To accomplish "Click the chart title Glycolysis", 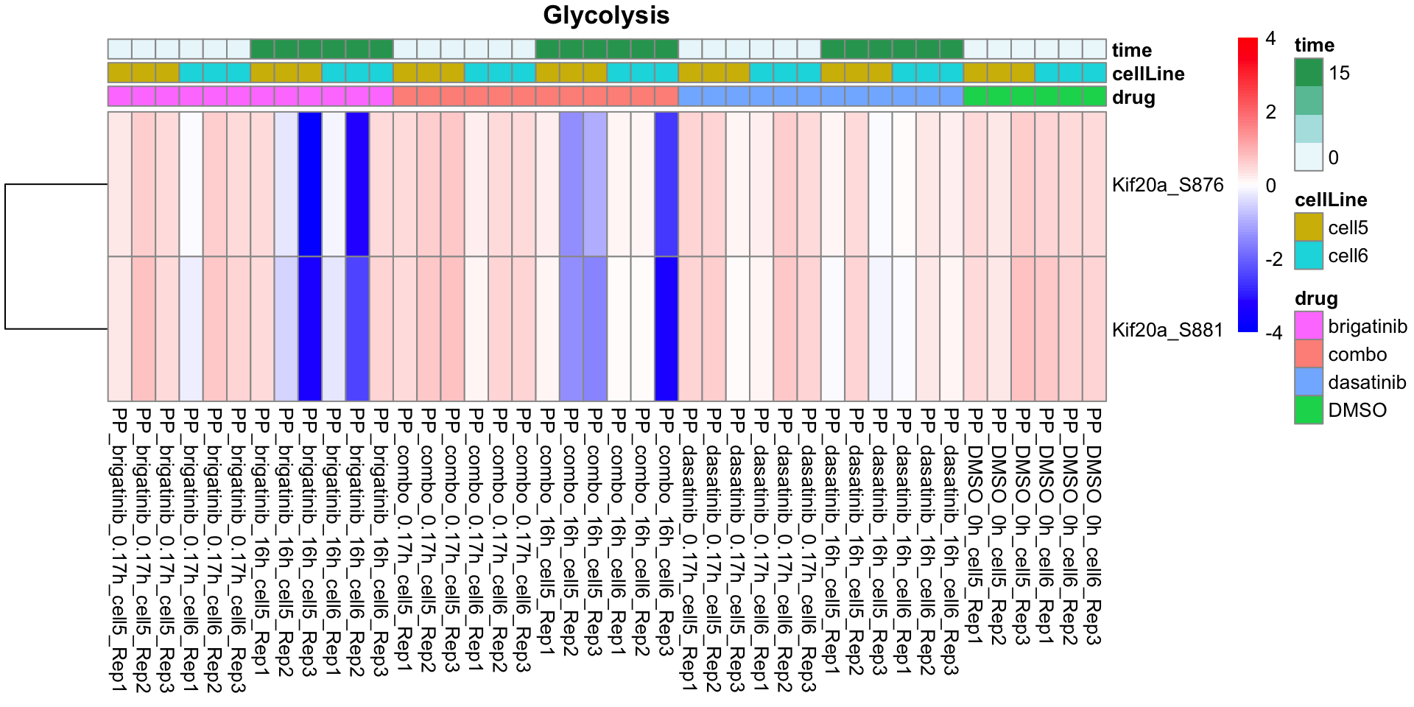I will [606, 15].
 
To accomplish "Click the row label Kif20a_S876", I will [1167, 185].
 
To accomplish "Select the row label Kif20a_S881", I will [1167, 330].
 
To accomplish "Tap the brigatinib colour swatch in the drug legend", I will [1308, 326].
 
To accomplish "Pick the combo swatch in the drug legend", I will [1308, 353].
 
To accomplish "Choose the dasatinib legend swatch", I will [1308, 381].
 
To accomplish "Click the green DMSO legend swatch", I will [1308, 409].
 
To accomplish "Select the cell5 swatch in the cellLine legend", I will [1308, 227].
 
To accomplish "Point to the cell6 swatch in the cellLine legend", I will [1308, 255].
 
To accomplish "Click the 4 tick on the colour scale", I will [1270, 38].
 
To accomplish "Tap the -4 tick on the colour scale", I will [1273, 332].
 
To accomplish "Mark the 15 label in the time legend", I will [1339, 73].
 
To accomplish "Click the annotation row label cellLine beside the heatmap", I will [1148, 74].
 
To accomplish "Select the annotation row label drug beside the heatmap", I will [1133, 97].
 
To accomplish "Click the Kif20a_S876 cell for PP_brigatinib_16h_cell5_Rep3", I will [310, 184].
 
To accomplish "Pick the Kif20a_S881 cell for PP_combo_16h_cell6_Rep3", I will [666, 328].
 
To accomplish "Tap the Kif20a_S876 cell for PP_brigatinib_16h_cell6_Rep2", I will [357, 184].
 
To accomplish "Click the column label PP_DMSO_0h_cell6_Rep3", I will [1094, 527].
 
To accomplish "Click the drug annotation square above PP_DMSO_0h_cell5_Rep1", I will [975, 96].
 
